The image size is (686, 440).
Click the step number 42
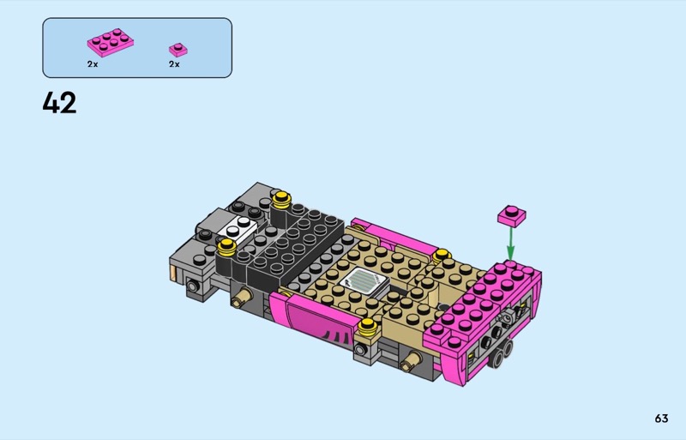coord(59,103)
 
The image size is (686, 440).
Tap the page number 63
coord(661,419)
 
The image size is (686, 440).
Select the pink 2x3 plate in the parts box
coord(111,43)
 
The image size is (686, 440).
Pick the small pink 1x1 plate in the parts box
coord(178,50)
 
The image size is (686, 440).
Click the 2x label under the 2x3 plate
coord(93,64)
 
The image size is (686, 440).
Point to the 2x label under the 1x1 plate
coord(174,64)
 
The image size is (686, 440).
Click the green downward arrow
coord(510,244)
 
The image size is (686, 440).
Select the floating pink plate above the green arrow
coord(511,216)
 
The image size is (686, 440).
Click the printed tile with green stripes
coord(364,280)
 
